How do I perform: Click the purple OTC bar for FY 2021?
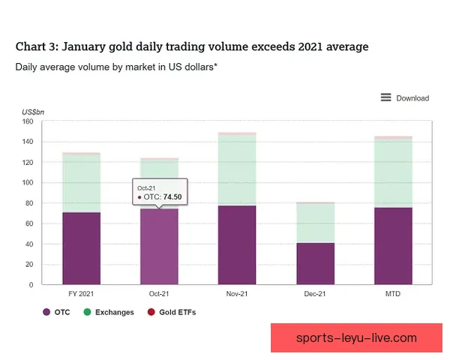(x=81, y=248)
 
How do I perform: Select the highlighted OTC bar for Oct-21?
(x=159, y=247)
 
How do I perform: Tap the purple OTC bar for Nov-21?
(x=236, y=245)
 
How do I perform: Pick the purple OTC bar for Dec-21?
(x=315, y=263)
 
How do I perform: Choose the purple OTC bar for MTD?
(x=393, y=246)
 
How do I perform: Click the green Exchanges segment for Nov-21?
(x=236, y=170)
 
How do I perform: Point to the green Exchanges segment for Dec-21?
(x=315, y=223)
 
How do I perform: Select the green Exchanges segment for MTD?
(x=393, y=173)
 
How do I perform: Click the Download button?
(x=405, y=97)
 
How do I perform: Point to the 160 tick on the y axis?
(x=27, y=121)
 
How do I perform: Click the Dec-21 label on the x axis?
(x=315, y=294)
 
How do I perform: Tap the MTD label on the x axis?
(x=393, y=294)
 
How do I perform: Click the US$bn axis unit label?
(x=32, y=112)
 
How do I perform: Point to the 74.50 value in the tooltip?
(x=174, y=196)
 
